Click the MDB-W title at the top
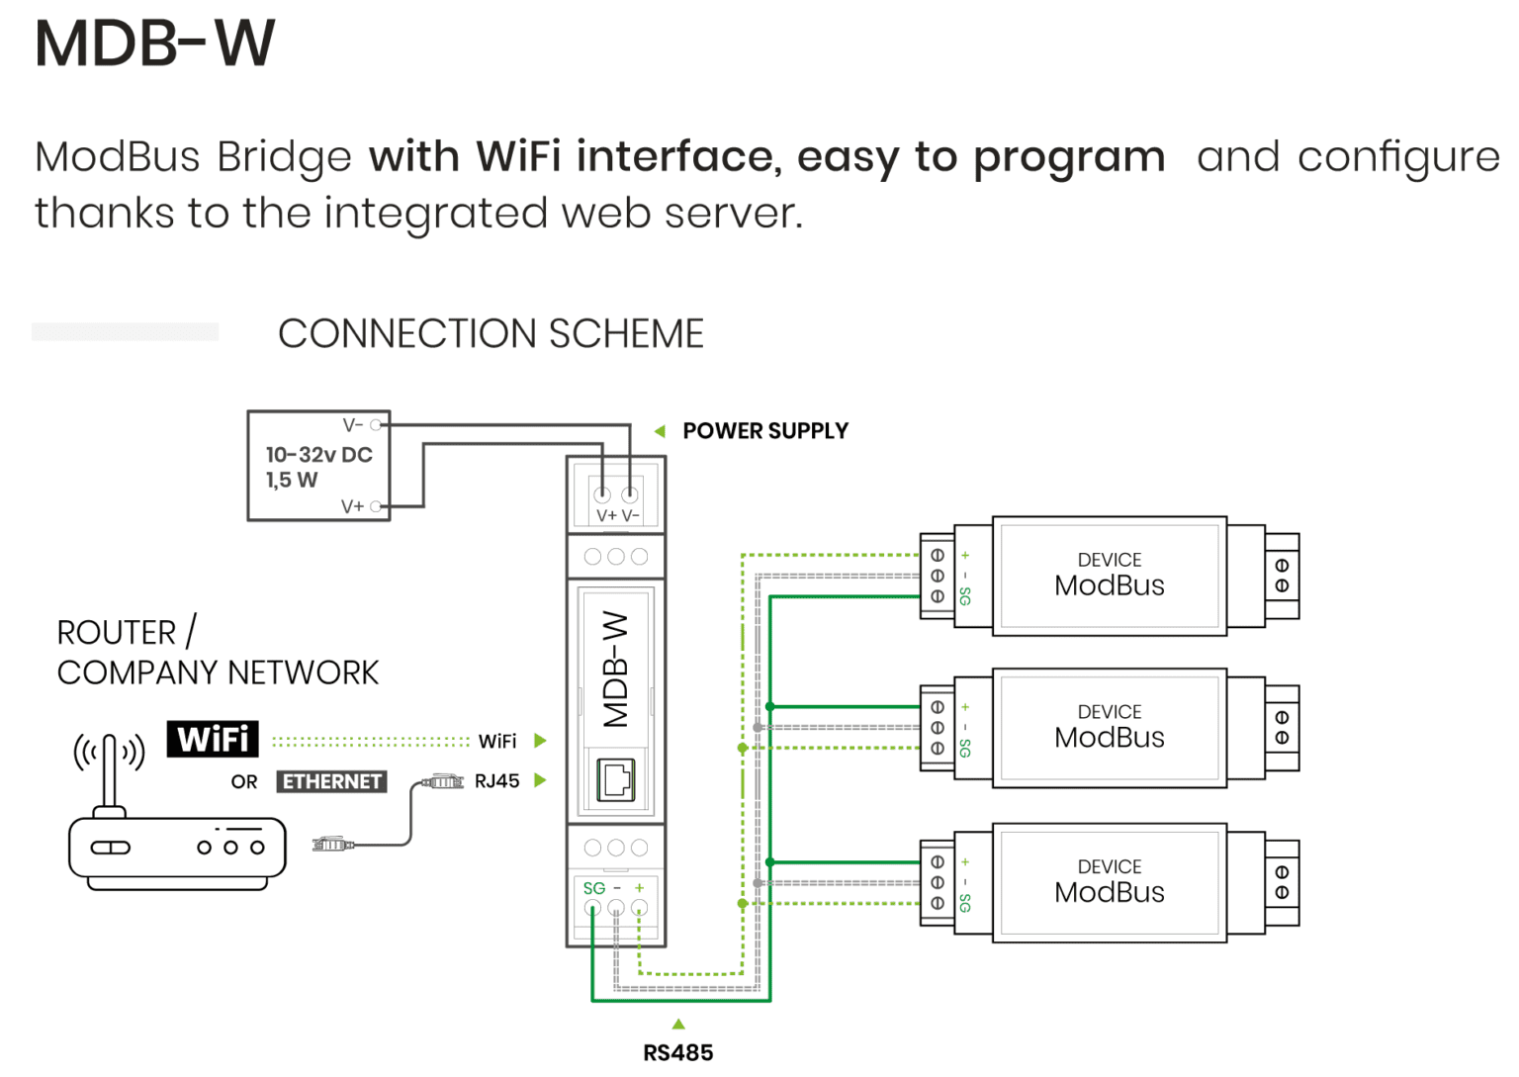tap(155, 44)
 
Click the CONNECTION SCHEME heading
tap(491, 334)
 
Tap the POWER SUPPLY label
tap(764, 431)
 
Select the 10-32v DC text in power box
tap(318, 455)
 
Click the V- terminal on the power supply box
tap(376, 425)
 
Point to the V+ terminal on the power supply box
tap(376, 506)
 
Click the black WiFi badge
tap(213, 739)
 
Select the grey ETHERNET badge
tap(331, 781)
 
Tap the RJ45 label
tap(496, 781)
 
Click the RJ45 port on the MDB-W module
tap(616, 780)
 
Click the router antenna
tap(110, 771)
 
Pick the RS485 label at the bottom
tap(677, 1053)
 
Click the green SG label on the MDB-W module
tap(593, 888)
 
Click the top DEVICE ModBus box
tap(1109, 576)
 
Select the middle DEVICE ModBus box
tap(1109, 728)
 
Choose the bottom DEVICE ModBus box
tap(1109, 882)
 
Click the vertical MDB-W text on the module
tap(615, 669)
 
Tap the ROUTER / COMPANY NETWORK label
tap(217, 653)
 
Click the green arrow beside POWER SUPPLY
tap(660, 431)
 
